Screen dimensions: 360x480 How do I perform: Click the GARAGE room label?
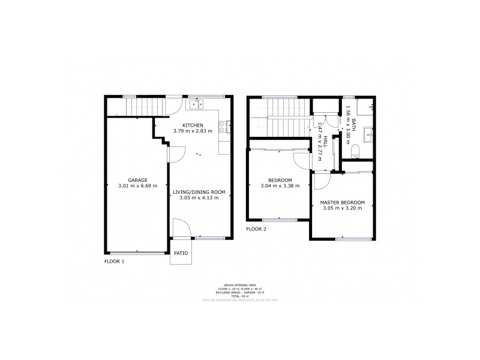tap(137, 179)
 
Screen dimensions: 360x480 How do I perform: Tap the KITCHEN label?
tap(193, 125)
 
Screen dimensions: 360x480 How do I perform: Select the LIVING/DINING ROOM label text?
tap(199, 192)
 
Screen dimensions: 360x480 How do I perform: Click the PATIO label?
tap(181, 253)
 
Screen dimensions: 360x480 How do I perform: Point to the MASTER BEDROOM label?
tap(342, 203)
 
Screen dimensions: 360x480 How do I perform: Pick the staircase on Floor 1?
tap(139, 107)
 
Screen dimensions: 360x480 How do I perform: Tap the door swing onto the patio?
tap(179, 229)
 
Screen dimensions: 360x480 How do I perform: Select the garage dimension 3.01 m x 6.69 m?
tap(137, 186)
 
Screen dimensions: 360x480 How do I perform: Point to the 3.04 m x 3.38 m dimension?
tap(280, 187)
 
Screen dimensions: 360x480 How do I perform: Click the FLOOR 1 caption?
tap(114, 262)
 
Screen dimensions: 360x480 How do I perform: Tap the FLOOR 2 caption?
tap(256, 229)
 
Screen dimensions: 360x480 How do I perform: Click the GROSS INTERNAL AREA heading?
tap(239, 285)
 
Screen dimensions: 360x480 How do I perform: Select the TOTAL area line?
tap(239, 296)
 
